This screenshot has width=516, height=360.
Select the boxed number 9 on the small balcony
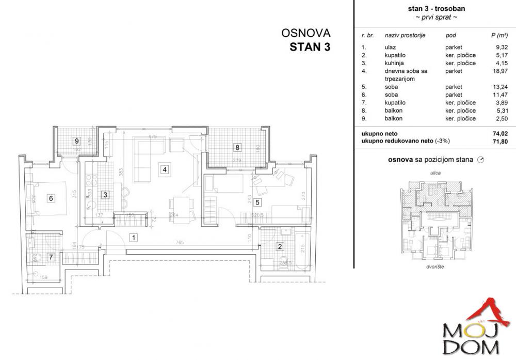[76, 140]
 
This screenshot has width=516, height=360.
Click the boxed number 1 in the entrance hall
[134, 238]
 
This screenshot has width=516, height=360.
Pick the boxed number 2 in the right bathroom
[281, 247]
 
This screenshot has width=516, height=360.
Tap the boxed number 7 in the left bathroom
[51, 256]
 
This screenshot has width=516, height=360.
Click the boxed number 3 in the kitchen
[105, 195]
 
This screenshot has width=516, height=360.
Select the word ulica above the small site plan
[435, 173]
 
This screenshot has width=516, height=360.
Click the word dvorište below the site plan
[436, 268]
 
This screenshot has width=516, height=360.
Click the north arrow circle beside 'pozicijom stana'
[481, 160]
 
